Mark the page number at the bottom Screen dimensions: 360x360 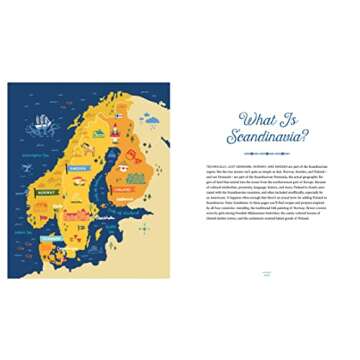coord(265,271)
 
